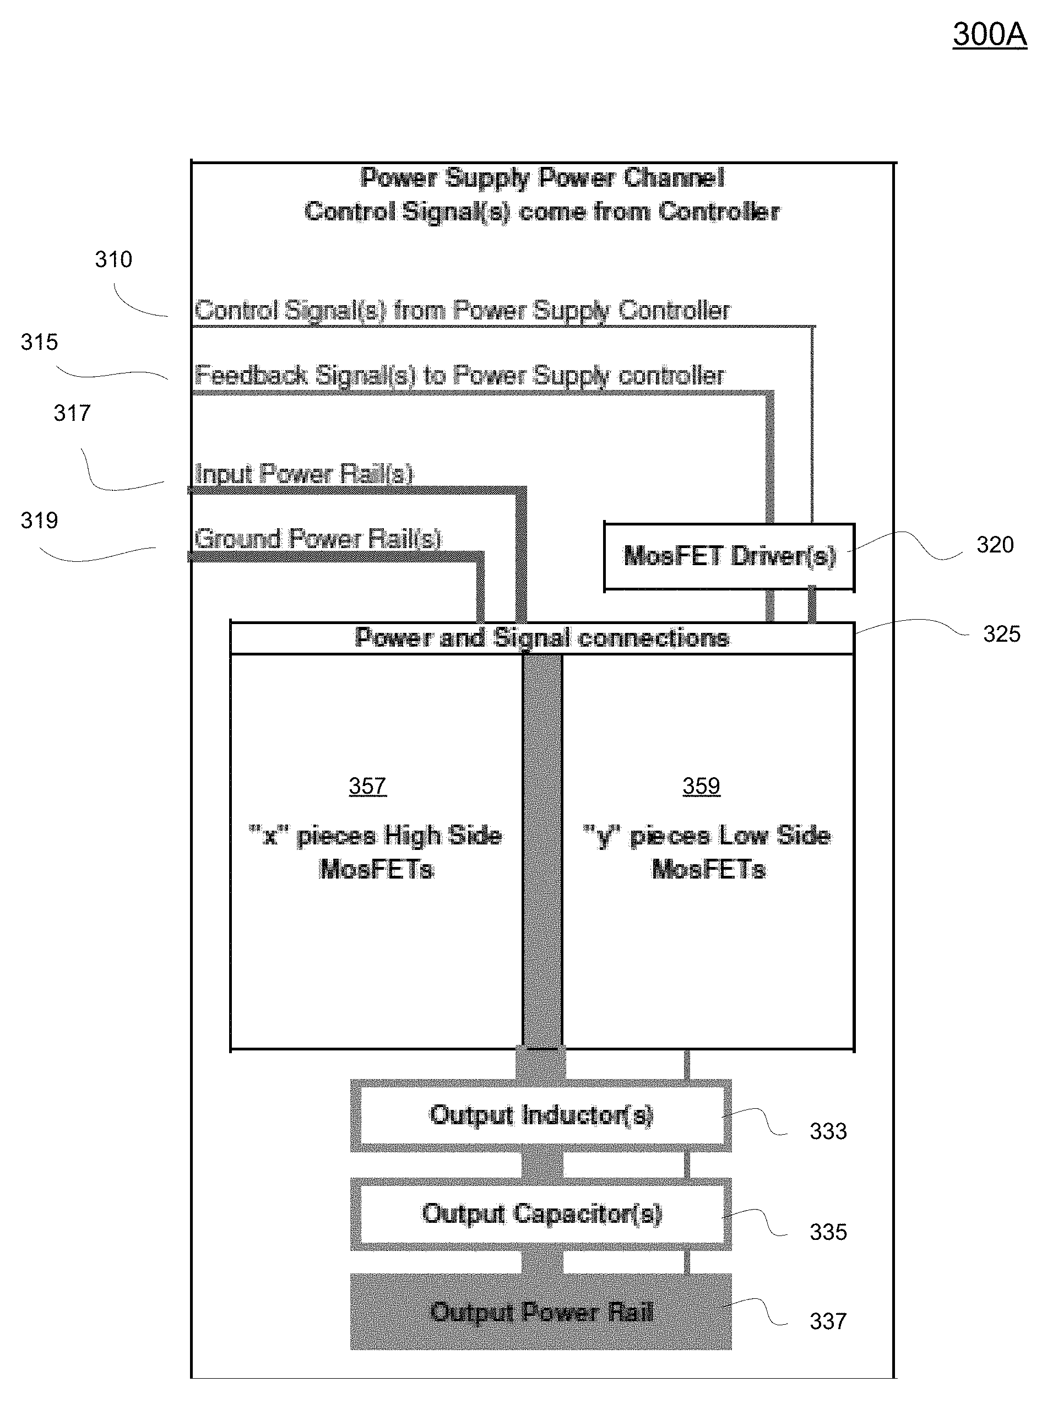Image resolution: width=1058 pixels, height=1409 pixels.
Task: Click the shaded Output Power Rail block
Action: pyautogui.click(x=541, y=1312)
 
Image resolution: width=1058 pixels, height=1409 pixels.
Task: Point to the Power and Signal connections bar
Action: pyautogui.click(x=541, y=638)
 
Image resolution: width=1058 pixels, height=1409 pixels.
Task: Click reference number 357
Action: pyautogui.click(x=367, y=786)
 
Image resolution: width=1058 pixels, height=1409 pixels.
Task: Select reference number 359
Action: pyautogui.click(x=701, y=786)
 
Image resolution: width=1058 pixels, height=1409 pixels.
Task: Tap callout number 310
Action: pyautogui.click(x=113, y=259)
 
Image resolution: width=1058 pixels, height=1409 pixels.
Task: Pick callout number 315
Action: pyautogui.click(x=39, y=342)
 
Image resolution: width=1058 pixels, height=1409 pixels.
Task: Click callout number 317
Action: pyautogui.click(x=72, y=414)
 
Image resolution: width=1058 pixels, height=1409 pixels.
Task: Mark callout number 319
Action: pyautogui.click(x=39, y=521)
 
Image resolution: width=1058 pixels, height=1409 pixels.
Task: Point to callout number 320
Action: pyautogui.click(x=995, y=545)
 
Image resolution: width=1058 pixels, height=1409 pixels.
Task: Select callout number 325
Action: pyautogui.click(x=1001, y=634)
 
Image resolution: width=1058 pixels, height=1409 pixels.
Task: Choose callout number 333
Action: pyautogui.click(x=828, y=1131)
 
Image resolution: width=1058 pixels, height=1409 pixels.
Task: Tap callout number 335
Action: pyautogui.click(x=828, y=1232)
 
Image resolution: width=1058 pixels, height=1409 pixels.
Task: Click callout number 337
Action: pyautogui.click(x=828, y=1321)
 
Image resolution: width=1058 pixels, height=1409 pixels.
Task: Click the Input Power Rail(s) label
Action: pyautogui.click(x=304, y=474)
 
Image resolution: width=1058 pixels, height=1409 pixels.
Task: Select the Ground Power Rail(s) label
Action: pyautogui.click(x=318, y=539)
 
